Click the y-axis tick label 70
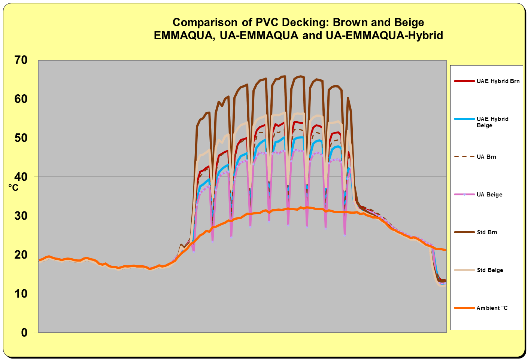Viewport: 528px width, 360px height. click(21, 60)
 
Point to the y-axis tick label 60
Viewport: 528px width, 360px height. click(21, 99)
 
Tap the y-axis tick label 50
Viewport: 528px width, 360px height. click(21, 138)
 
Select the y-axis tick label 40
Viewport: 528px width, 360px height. click(21, 177)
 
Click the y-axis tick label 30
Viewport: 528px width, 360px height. click(21, 216)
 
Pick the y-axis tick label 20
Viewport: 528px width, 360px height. click(21, 255)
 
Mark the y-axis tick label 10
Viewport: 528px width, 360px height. click(21, 294)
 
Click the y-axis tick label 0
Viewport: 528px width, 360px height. click(24, 333)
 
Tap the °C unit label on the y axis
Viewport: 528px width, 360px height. click(13, 188)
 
